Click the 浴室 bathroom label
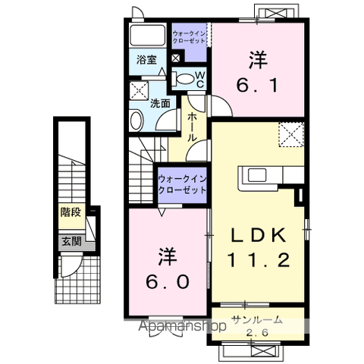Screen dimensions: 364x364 tap(146, 59)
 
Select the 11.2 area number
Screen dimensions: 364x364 tap(258, 262)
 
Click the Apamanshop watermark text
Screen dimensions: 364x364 tap(181, 328)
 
